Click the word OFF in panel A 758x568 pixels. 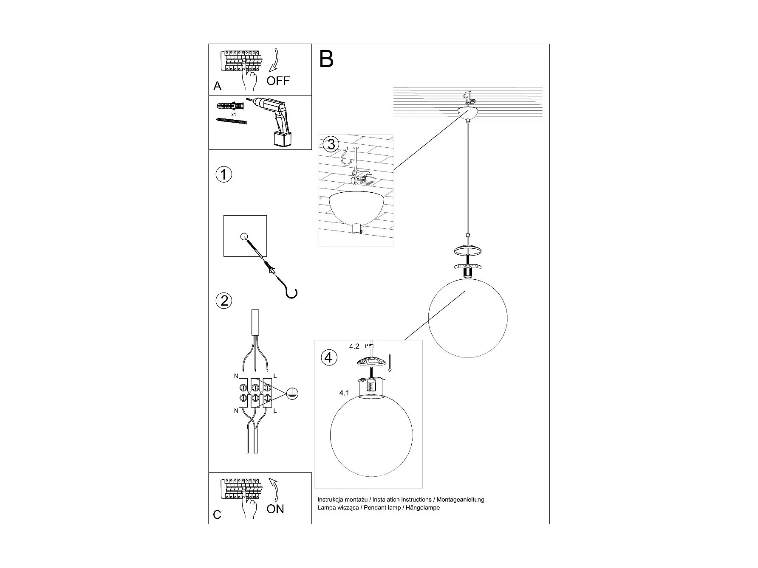coord(278,80)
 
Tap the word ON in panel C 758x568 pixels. coord(275,509)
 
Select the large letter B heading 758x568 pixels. coord(326,59)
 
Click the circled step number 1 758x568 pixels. coord(224,174)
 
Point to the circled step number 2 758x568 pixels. coord(224,301)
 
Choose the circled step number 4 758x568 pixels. coord(328,357)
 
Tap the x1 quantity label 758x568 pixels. coord(233,115)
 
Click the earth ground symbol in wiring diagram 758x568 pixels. coord(292,394)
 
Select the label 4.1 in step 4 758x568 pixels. coord(344,393)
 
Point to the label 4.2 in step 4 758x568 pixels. coord(354,346)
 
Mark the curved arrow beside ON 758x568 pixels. coord(274,490)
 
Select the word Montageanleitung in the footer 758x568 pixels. coord(460,500)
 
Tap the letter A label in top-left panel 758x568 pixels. coord(217,86)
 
